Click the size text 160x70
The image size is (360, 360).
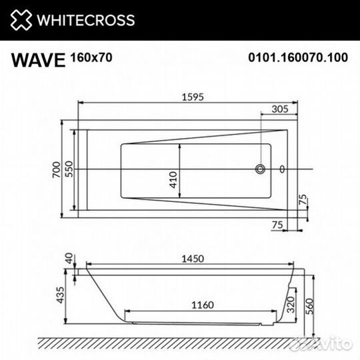(91, 57)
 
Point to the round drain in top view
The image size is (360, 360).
(261, 169)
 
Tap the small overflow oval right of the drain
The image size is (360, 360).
(283, 169)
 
